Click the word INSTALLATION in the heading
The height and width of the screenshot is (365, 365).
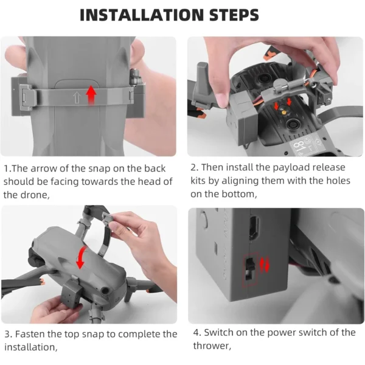[142, 15]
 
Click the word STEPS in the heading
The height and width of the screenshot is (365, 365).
[234, 15]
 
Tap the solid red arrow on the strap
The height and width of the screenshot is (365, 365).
[91, 96]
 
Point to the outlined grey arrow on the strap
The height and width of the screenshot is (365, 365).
[77, 97]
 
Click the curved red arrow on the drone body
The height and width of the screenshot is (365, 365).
[82, 257]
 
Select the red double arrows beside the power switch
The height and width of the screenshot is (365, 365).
[264, 265]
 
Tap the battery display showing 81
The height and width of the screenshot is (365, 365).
[302, 146]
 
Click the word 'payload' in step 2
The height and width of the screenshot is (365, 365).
[291, 168]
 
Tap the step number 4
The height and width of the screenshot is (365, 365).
[197, 333]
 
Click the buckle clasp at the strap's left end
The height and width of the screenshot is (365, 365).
[26, 96]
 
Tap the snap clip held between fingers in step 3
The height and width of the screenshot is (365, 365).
[108, 218]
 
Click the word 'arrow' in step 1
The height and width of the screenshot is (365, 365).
[43, 169]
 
